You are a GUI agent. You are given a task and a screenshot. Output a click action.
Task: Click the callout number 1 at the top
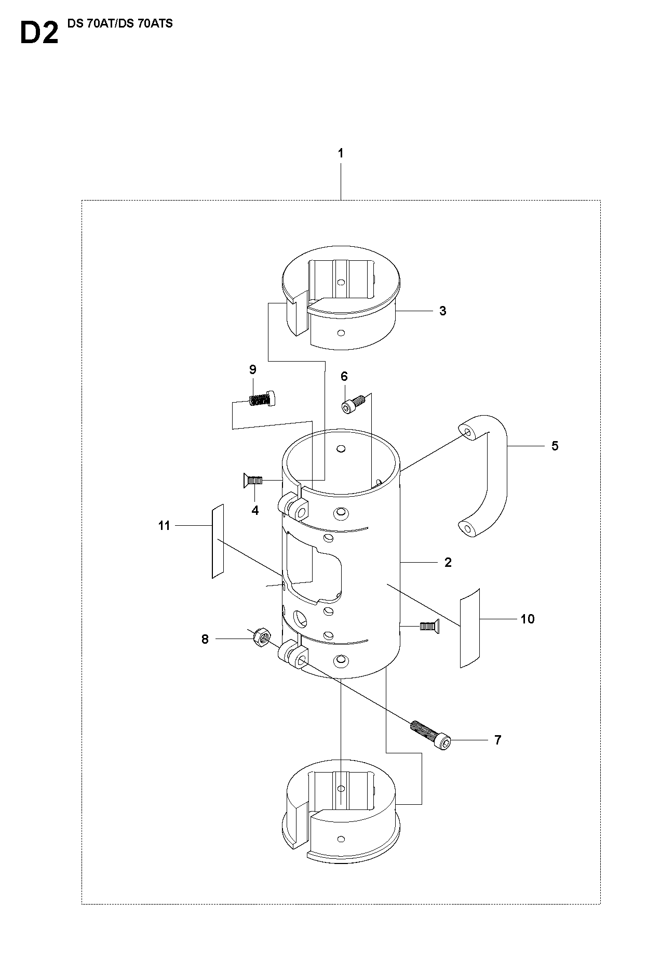pyautogui.click(x=341, y=153)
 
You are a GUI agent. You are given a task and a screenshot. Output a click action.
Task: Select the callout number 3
pyautogui.click(x=442, y=311)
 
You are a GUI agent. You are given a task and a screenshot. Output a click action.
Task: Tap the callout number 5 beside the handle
pyautogui.click(x=555, y=446)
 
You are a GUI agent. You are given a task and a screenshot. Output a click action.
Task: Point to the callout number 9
pyautogui.click(x=253, y=369)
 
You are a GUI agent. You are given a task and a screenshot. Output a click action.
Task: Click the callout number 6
pyautogui.click(x=344, y=376)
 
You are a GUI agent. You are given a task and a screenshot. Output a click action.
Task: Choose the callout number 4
pyautogui.click(x=255, y=511)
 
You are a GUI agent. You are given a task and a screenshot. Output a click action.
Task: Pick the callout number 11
pyautogui.click(x=164, y=526)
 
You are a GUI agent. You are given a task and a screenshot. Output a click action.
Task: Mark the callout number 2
pyautogui.click(x=448, y=562)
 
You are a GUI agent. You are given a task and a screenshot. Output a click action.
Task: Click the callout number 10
pyautogui.click(x=528, y=619)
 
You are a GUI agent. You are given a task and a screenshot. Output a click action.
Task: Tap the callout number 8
pyautogui.click(x=205, y=639)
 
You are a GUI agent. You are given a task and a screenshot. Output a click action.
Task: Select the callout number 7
pyautogui.click(x=497, y=740)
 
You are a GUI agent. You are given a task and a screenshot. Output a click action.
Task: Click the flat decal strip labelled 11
pyautogui.click(x=218, y=540)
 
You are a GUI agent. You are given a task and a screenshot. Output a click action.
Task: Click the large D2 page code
pyautogui.click(x=39, y=33)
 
